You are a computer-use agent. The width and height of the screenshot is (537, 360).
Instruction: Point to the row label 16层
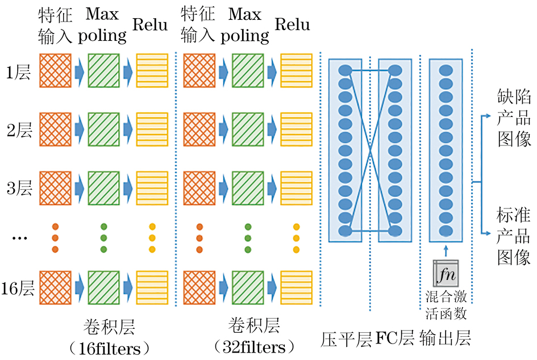click(x=18, y=288)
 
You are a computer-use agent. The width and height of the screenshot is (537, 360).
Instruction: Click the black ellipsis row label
click(x=19, y=238)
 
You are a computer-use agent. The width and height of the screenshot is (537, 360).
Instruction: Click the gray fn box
click(x=446, y=275)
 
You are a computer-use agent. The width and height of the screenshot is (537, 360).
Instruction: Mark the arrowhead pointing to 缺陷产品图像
click(x=488, y=116)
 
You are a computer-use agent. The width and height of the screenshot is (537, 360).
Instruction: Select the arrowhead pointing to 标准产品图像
click(x=488, y=233)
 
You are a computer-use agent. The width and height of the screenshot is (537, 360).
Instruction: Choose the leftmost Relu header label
click(x=150, y=24)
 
